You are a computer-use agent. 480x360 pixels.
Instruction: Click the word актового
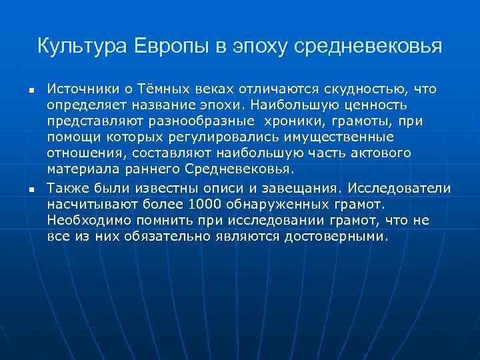[379, 153]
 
